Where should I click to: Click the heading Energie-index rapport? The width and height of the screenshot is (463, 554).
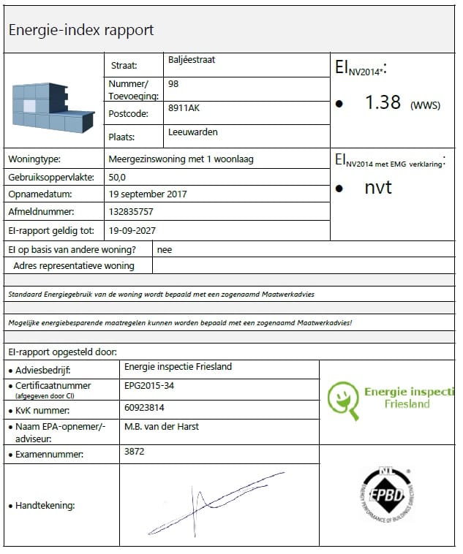coord(80,31)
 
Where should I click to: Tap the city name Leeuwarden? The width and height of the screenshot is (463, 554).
coord(192,132)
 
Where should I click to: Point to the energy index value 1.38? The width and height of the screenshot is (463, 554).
coord(383,102)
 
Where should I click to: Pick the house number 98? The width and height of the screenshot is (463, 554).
coord(173,84)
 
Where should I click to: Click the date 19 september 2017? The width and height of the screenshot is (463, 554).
coord(148,194)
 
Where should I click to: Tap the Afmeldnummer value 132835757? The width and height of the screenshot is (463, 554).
coord(132,212)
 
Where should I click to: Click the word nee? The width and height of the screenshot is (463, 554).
coord(165,248)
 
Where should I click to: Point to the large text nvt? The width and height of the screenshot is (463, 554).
coord(378,187)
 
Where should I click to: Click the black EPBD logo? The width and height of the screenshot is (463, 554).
coord(388,495)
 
